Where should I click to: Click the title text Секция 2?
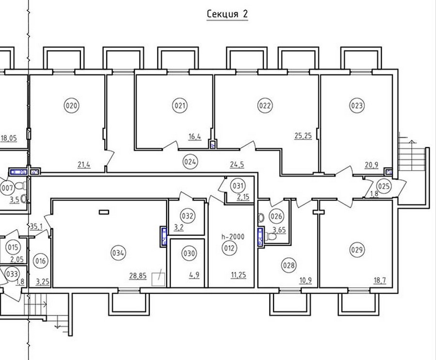pos(227,14)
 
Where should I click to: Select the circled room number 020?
pos(72,106)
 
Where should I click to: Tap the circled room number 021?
pos(180,106)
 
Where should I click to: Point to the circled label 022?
pos(265,106)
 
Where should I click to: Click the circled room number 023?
pos(357,106)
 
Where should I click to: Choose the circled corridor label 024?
pos(190,162)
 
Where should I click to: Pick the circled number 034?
pos(118,253)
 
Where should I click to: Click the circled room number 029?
pos(357,250)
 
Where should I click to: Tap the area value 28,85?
pos(138,276)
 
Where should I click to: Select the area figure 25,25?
pos(303,136)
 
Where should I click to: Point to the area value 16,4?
pos(195,137)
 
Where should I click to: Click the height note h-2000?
pos(233,237)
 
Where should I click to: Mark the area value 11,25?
pos(238,275)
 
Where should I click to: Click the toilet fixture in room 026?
pos(271,237)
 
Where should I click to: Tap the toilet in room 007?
pos(20,186)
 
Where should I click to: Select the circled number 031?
pos(238,186)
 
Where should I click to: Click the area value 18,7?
pos(380,280)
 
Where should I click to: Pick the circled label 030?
pos(189,253)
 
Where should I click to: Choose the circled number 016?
pos(41,261)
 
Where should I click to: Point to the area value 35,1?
pos(36,227)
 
